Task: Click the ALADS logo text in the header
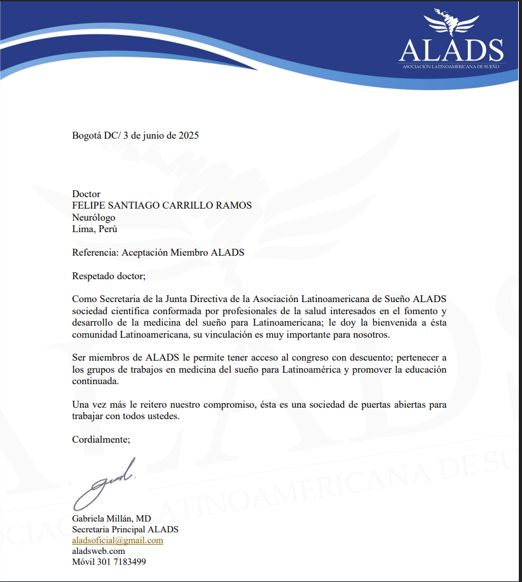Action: point(451,50)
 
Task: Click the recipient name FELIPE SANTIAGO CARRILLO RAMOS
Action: point(162,205)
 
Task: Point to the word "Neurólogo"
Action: point(94,218)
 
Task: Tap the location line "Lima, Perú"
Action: point(95,229)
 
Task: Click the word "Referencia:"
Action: point(95,253)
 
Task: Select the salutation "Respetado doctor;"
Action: point(109,275)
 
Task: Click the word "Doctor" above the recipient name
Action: point(86,194)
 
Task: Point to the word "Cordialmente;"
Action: point(101,440)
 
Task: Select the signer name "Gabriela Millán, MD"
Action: point(111,518)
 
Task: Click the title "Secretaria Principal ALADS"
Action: point(125,529)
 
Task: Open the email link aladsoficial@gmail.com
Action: point(118,540)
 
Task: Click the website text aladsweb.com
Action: point(99,551)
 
